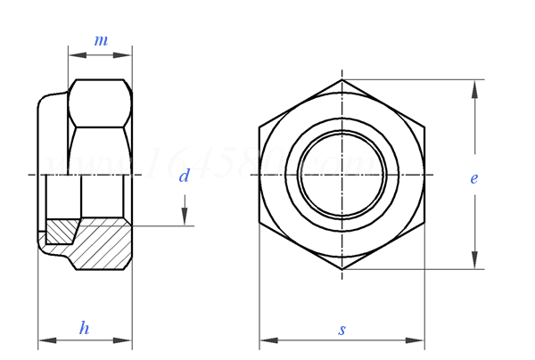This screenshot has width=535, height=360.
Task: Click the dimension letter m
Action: click(101, 41)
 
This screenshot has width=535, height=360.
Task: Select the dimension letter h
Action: click(84, 328)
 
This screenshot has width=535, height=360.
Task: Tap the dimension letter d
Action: click(184, 176)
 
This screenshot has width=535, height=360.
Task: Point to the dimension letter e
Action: click(474, 178)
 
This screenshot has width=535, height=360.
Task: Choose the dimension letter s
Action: click(342, 330)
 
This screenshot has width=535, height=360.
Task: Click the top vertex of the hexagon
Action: click(342, 79)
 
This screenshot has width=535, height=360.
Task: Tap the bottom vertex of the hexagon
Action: click(342, 269)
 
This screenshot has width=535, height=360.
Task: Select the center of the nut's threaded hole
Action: click(342, 175)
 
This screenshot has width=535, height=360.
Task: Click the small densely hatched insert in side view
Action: click(61, 231)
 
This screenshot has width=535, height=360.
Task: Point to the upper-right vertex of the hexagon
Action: click(424, 127)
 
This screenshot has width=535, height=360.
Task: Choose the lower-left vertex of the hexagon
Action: click(259, 222)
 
